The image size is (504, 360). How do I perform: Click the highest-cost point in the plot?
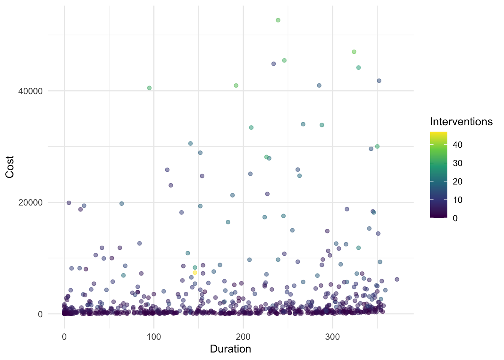[x=278, y=20]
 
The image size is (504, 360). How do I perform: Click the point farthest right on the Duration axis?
[x=397, y=279]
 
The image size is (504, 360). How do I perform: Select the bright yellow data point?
[x=195, y=273]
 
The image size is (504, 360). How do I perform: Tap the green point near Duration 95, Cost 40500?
[x=149, y=88]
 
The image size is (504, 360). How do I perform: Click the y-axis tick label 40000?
[x=30, y=91]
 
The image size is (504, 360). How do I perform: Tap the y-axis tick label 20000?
[x=30, y=202]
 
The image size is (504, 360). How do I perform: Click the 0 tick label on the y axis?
[x=40, y=314]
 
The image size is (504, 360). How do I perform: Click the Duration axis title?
[x=230, y=349]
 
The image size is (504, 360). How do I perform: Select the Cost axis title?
[x=10, y=167]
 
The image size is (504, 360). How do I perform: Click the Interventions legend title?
[x=461, y=122]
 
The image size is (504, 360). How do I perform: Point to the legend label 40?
[x=457, y=145]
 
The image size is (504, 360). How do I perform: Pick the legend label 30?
[x=457, y=163]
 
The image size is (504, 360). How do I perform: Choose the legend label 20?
[x=457, y=181]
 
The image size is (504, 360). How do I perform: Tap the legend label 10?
[x=457, y=200]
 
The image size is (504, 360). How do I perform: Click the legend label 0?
[x=455, y=218]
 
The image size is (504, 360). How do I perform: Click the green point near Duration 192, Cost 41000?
[x=236, y=85]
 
